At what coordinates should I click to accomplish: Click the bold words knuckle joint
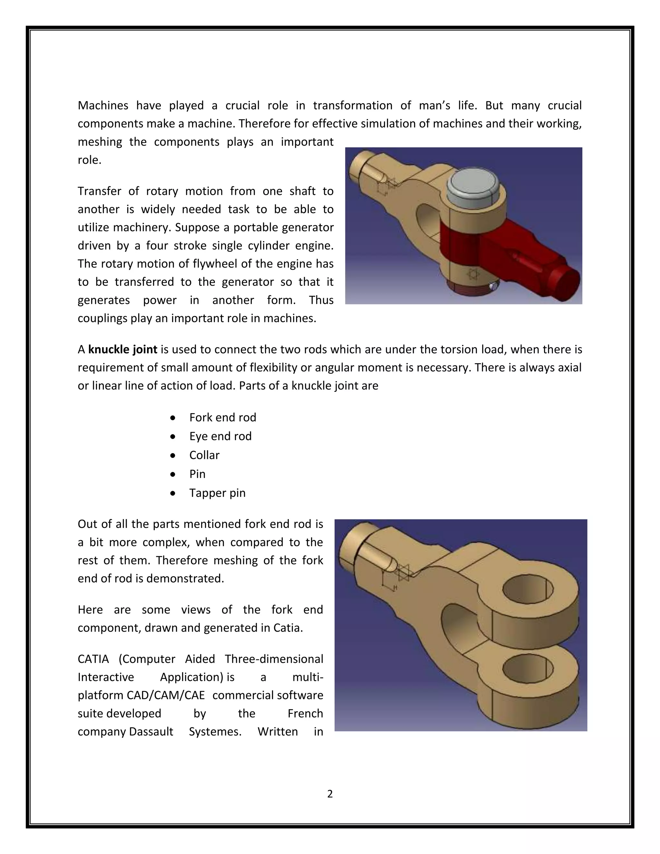pyautogui.click(x=123, y=349)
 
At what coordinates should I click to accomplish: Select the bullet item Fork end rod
pyautogui.click(x=222, y=417)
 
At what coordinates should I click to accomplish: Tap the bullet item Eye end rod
pyautogui.click(x=220, y=436)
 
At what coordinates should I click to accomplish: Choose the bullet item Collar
pyautogui.click(x=204, y=455)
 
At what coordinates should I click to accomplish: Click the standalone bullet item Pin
pyautogui.click(x=197, y=474)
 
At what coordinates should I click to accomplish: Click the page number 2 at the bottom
pyautogui.click(x=330, y=794)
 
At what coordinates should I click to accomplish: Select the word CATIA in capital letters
pyautogui.click(x=93, y=659)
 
